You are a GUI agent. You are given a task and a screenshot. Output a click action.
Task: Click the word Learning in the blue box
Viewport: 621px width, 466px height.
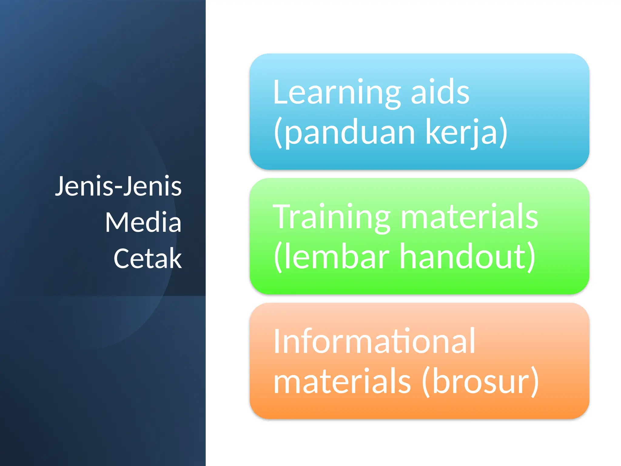coord(337,93)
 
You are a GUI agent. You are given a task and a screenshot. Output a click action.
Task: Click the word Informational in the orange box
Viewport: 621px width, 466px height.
coord(374,342)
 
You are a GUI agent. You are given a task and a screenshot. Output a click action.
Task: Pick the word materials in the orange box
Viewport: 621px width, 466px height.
coord(342,381)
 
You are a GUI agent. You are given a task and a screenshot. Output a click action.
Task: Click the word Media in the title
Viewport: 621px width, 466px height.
coord(143,222)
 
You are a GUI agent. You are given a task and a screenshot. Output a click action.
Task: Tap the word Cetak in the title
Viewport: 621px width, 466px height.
coord(148,259)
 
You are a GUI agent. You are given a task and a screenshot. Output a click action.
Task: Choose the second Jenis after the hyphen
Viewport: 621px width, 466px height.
coord(152,186)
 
